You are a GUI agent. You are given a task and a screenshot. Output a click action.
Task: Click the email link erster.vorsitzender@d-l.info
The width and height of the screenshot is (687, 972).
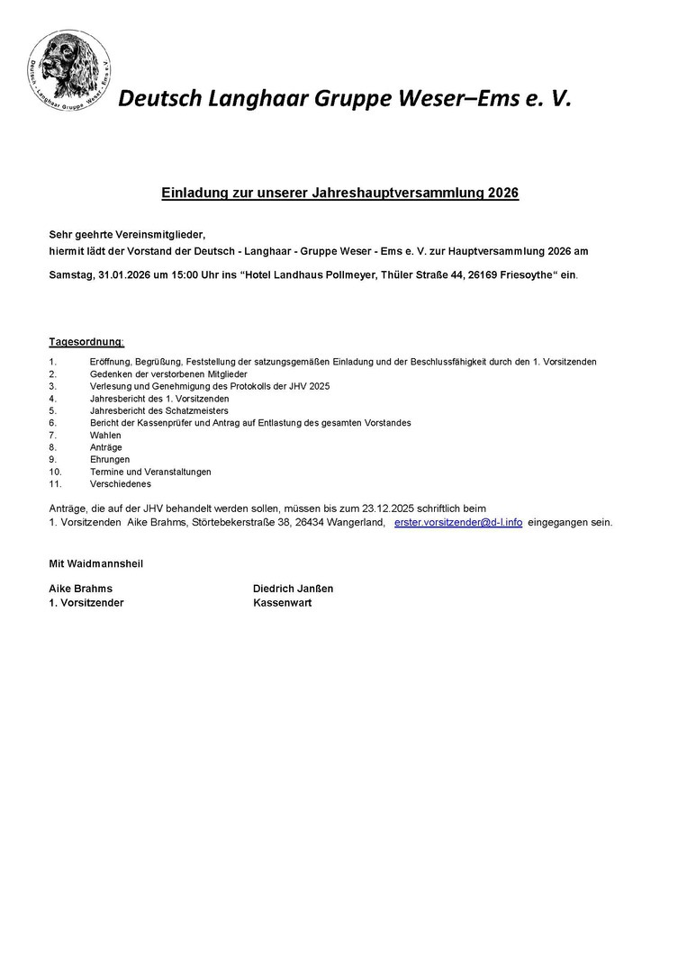coord(457,522)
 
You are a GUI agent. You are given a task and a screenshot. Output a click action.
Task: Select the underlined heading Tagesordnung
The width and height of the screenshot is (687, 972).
coord(86,342)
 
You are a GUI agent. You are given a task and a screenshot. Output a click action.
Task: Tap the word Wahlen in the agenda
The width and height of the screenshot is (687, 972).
coord(105,435)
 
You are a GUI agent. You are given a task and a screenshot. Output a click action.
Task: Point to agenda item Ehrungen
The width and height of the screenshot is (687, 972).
coord(110,459)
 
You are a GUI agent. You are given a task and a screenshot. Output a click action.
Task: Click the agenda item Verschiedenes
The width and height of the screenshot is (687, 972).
coord(121,483)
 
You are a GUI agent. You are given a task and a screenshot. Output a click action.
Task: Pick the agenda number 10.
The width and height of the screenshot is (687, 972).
coord(55,472)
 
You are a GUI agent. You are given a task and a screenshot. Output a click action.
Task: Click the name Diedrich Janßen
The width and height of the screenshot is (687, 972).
coord(293,589)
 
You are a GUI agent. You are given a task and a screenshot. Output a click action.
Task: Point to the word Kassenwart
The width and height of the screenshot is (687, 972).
coord(282,603)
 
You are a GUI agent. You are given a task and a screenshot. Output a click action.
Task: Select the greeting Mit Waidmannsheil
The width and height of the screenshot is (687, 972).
coord(95,563)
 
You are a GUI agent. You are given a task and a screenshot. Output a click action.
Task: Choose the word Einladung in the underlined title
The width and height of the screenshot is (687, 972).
coord(193,193)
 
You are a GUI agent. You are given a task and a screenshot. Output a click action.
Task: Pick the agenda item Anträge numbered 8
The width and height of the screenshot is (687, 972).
coord(105,447)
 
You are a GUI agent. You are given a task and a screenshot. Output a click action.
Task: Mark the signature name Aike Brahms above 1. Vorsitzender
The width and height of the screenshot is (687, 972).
coord(80,589)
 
